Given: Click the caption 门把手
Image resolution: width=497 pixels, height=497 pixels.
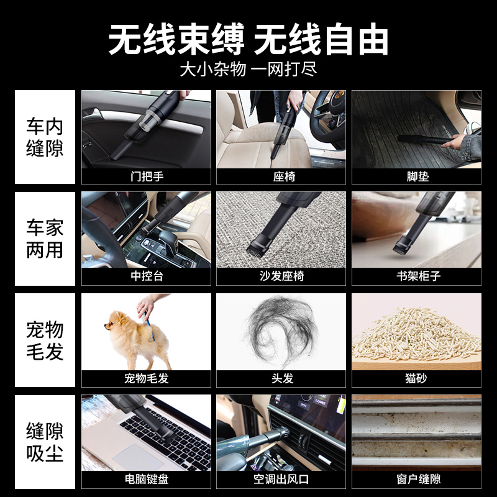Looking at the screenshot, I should point(146,176).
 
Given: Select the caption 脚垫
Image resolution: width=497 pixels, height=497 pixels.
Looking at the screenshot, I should point(417,176).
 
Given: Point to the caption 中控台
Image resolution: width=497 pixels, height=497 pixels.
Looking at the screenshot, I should point(146,276).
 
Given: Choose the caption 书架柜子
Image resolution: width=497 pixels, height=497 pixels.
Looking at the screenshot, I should point(417,276).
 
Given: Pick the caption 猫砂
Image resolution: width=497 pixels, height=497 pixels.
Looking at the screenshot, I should point(417,378).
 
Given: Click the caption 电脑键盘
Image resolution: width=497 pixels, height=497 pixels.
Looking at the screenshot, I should point(146,480).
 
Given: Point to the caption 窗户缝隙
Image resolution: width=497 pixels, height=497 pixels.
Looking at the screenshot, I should point(417,480).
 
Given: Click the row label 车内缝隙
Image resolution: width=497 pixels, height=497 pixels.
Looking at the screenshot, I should point(45,137).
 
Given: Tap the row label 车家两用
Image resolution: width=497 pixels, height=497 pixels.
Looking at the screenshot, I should point(45,239).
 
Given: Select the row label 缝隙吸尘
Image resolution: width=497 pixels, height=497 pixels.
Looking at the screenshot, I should point(45,442).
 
